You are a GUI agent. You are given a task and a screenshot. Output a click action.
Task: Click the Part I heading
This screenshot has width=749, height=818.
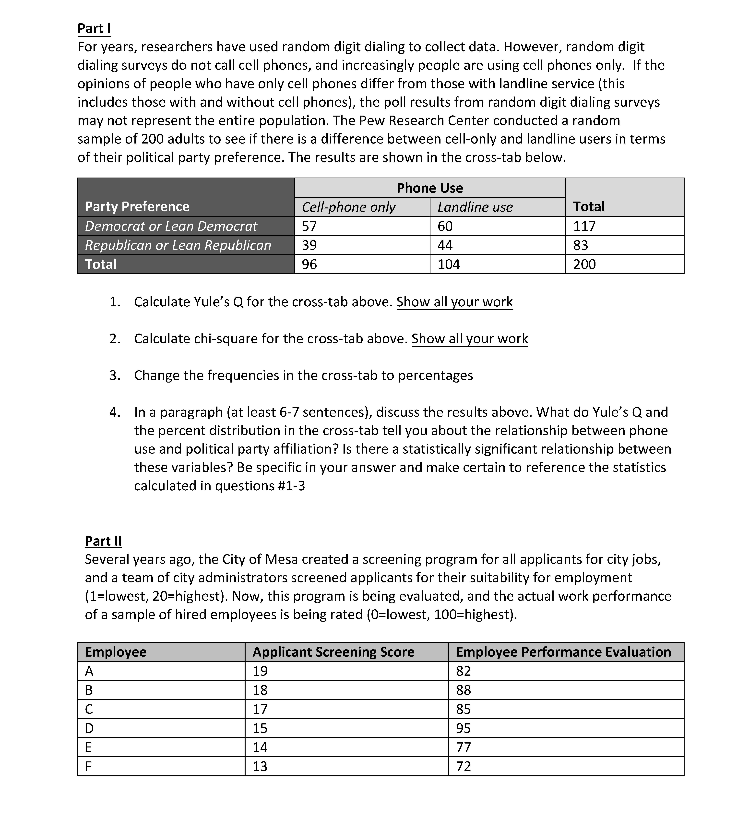94,28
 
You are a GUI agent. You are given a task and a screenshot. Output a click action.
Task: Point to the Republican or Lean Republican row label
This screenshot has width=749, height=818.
178,245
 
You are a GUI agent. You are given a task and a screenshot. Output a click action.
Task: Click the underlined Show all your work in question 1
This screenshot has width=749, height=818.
454,302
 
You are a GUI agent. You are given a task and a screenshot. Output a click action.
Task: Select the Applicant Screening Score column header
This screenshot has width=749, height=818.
333,652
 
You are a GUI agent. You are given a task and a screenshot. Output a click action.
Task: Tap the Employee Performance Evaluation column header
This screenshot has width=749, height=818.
563,652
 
